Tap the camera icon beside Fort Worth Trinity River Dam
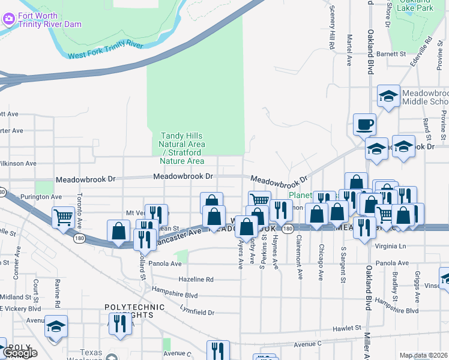click(x=8, y=19)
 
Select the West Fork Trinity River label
click(x=106, y=50)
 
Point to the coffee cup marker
click(x=364, y=125)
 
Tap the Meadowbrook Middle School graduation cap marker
click(x=388, y=96)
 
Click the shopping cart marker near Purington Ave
click(x=63, y=218)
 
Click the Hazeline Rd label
click(x=196, y=280)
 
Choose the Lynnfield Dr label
click(x=196, y=312)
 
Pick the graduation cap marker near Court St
click(x=56, y=327)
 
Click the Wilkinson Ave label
click(x=18, y=163)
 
